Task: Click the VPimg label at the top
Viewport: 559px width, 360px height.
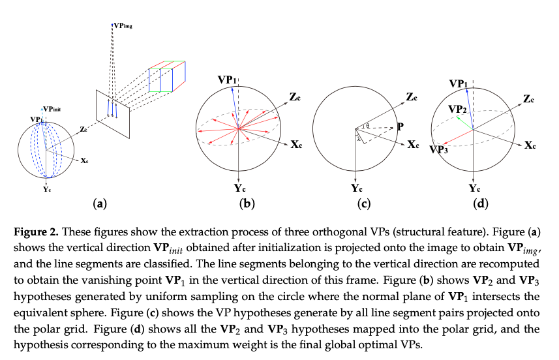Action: (x=122, y=25)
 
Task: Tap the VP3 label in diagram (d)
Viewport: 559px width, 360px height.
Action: (x=438, y=150)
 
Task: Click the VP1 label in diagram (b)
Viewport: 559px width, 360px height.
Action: (x=227, y=80)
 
